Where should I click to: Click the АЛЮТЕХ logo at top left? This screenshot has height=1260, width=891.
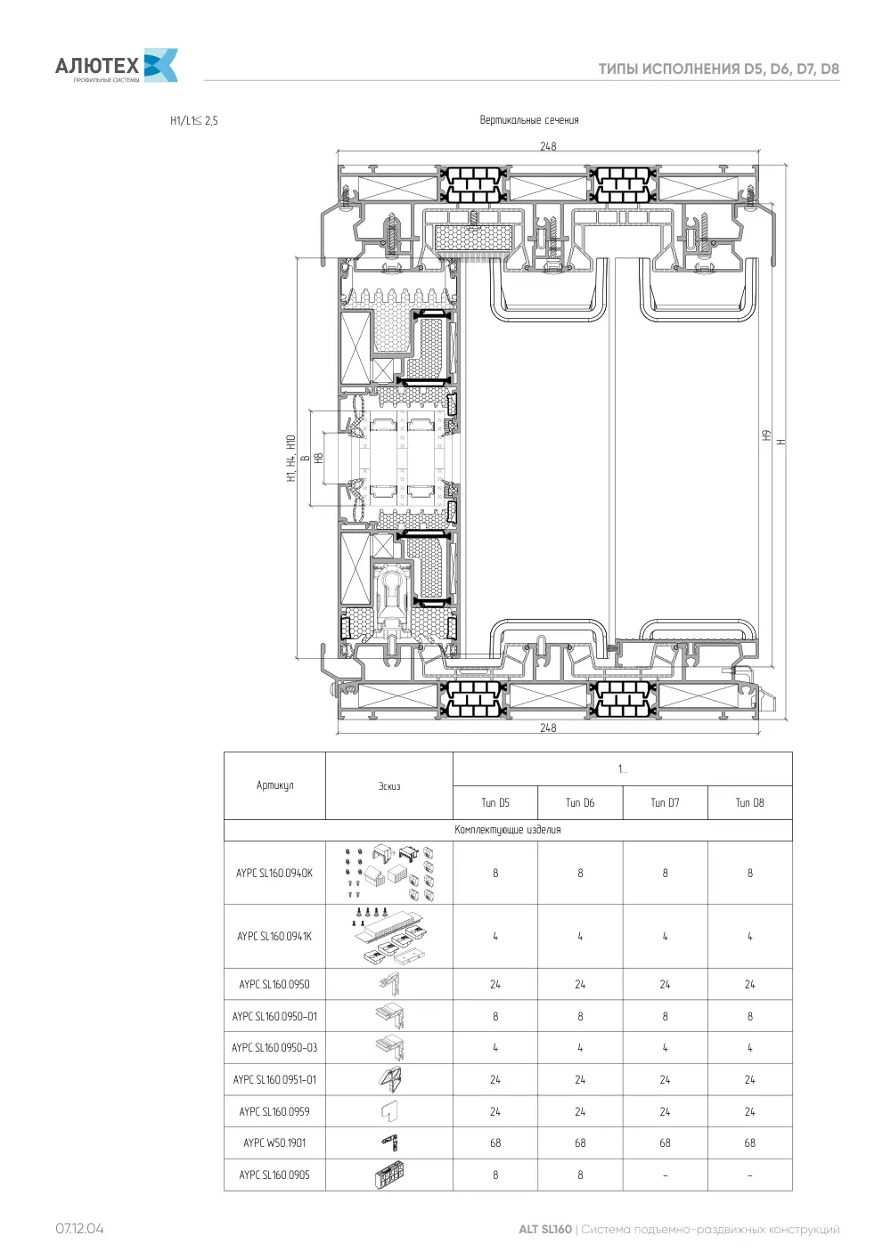[x=117, y=66]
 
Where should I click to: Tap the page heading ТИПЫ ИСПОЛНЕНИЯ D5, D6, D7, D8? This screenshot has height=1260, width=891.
[x=718, y=69]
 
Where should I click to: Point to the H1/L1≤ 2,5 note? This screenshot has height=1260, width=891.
[x=193, y=120]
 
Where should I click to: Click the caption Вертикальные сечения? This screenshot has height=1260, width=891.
[x=529, y=120]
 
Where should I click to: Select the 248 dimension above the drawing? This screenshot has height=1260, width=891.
[x=548, y=146]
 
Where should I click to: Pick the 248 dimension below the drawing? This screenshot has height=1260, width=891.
[x=548, y=728]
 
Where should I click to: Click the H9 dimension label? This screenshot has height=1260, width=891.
[x=766, y=435]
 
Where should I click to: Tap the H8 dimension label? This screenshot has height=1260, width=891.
[x=319, y=458]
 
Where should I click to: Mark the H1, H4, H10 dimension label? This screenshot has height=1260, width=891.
[x=290, y=458]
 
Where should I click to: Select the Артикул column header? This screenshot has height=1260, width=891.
[x=274, y=785]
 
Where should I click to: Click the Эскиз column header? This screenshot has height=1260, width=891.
[x=389, y=785]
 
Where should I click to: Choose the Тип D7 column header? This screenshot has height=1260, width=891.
[x=665, y=802]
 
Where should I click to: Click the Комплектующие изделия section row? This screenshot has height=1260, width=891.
[x=508, y=830]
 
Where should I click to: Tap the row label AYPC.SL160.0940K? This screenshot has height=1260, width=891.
[x=274, y=873]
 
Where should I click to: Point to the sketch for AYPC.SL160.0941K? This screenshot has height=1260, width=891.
[x=389, y=936]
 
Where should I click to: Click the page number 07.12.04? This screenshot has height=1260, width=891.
[x=79, y=1229]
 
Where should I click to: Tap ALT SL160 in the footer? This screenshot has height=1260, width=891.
[x=544, y=1229]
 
